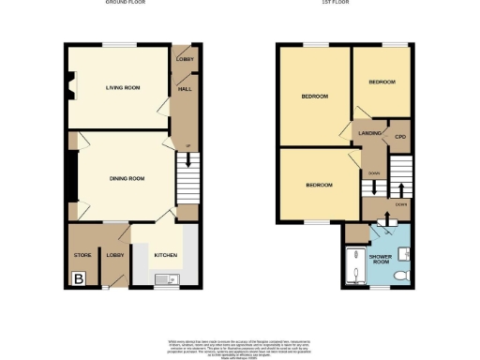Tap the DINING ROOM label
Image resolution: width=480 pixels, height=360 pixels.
(x=127, y=178)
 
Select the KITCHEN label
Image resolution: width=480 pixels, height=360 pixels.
(x=165, y=254)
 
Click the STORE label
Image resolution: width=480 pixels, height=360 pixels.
(x=82, y=254)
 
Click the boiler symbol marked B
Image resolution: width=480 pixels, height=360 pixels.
(x=79, y=277)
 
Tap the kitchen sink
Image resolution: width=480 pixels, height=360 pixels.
(x=164, y=277)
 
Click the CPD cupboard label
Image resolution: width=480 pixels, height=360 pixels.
(x=400, y=138)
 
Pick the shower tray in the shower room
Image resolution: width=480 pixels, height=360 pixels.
(x=356, y=265)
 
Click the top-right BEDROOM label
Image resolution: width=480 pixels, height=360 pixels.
(x=382, y=82)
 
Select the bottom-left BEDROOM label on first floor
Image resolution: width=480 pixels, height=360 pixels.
(x=319, y=186)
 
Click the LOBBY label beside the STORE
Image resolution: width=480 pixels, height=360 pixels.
(x=115, y=254)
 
